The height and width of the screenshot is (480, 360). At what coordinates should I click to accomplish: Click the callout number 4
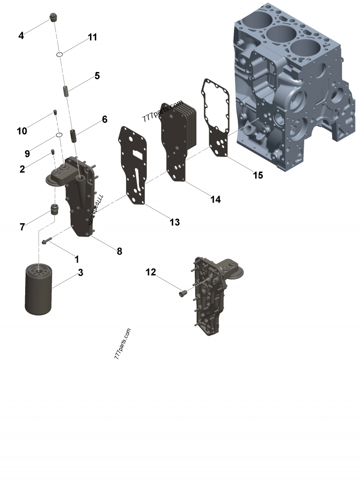[21, 36]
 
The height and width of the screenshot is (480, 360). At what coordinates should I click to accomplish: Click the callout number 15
[257, 175]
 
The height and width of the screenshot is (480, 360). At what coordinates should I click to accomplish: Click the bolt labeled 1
[47, 241]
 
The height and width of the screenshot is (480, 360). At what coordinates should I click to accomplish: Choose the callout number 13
[175, 222]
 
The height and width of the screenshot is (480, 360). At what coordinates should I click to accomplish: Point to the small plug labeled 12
[183, 294]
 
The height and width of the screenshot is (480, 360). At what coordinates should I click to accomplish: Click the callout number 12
[151, 272]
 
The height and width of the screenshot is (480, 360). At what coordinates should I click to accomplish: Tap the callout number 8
[119, 251]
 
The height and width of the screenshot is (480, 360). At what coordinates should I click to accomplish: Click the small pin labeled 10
[55, 112]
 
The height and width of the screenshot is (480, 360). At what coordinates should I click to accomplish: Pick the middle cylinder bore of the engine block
[280, 34]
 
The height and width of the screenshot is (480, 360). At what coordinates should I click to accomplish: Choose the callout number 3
[80, 272]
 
